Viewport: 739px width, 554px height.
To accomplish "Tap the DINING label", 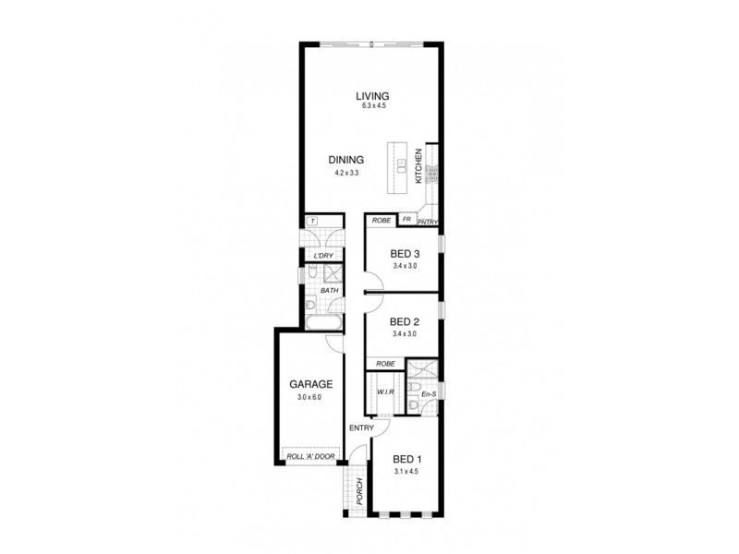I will pyautogui.click(x=345, y=159).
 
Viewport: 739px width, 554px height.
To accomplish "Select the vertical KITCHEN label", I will pyautogui.click(x=418, y=165).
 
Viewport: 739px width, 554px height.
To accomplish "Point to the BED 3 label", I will pyautogui.click(x=406, y=254).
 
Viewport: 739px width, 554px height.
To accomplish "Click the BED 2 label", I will pyautogui.click(x=406, y=321).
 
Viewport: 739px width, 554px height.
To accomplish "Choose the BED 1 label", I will pyautogui.click(x=407, y=459).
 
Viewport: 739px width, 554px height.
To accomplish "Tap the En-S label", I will pyautogui.click(x=428, y=394).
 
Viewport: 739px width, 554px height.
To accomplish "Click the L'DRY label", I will pyautogui.click(x=323, y=256).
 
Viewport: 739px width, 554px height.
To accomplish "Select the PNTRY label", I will pyautogui.click(x=428, y=222).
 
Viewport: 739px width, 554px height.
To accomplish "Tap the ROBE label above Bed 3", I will pyautogui.click(x=380, y=222).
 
